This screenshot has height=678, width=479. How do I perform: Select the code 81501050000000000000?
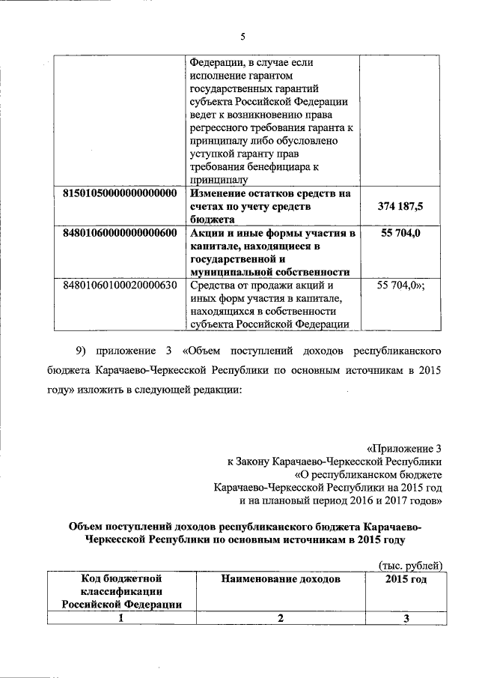point(119,193)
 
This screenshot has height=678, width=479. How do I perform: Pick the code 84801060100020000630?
point(119,285)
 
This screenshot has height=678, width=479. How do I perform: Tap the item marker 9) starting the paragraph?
point(85,350)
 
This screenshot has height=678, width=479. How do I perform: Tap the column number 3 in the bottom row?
point(406,619)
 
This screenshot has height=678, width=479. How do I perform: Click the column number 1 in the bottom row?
point(120,619)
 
